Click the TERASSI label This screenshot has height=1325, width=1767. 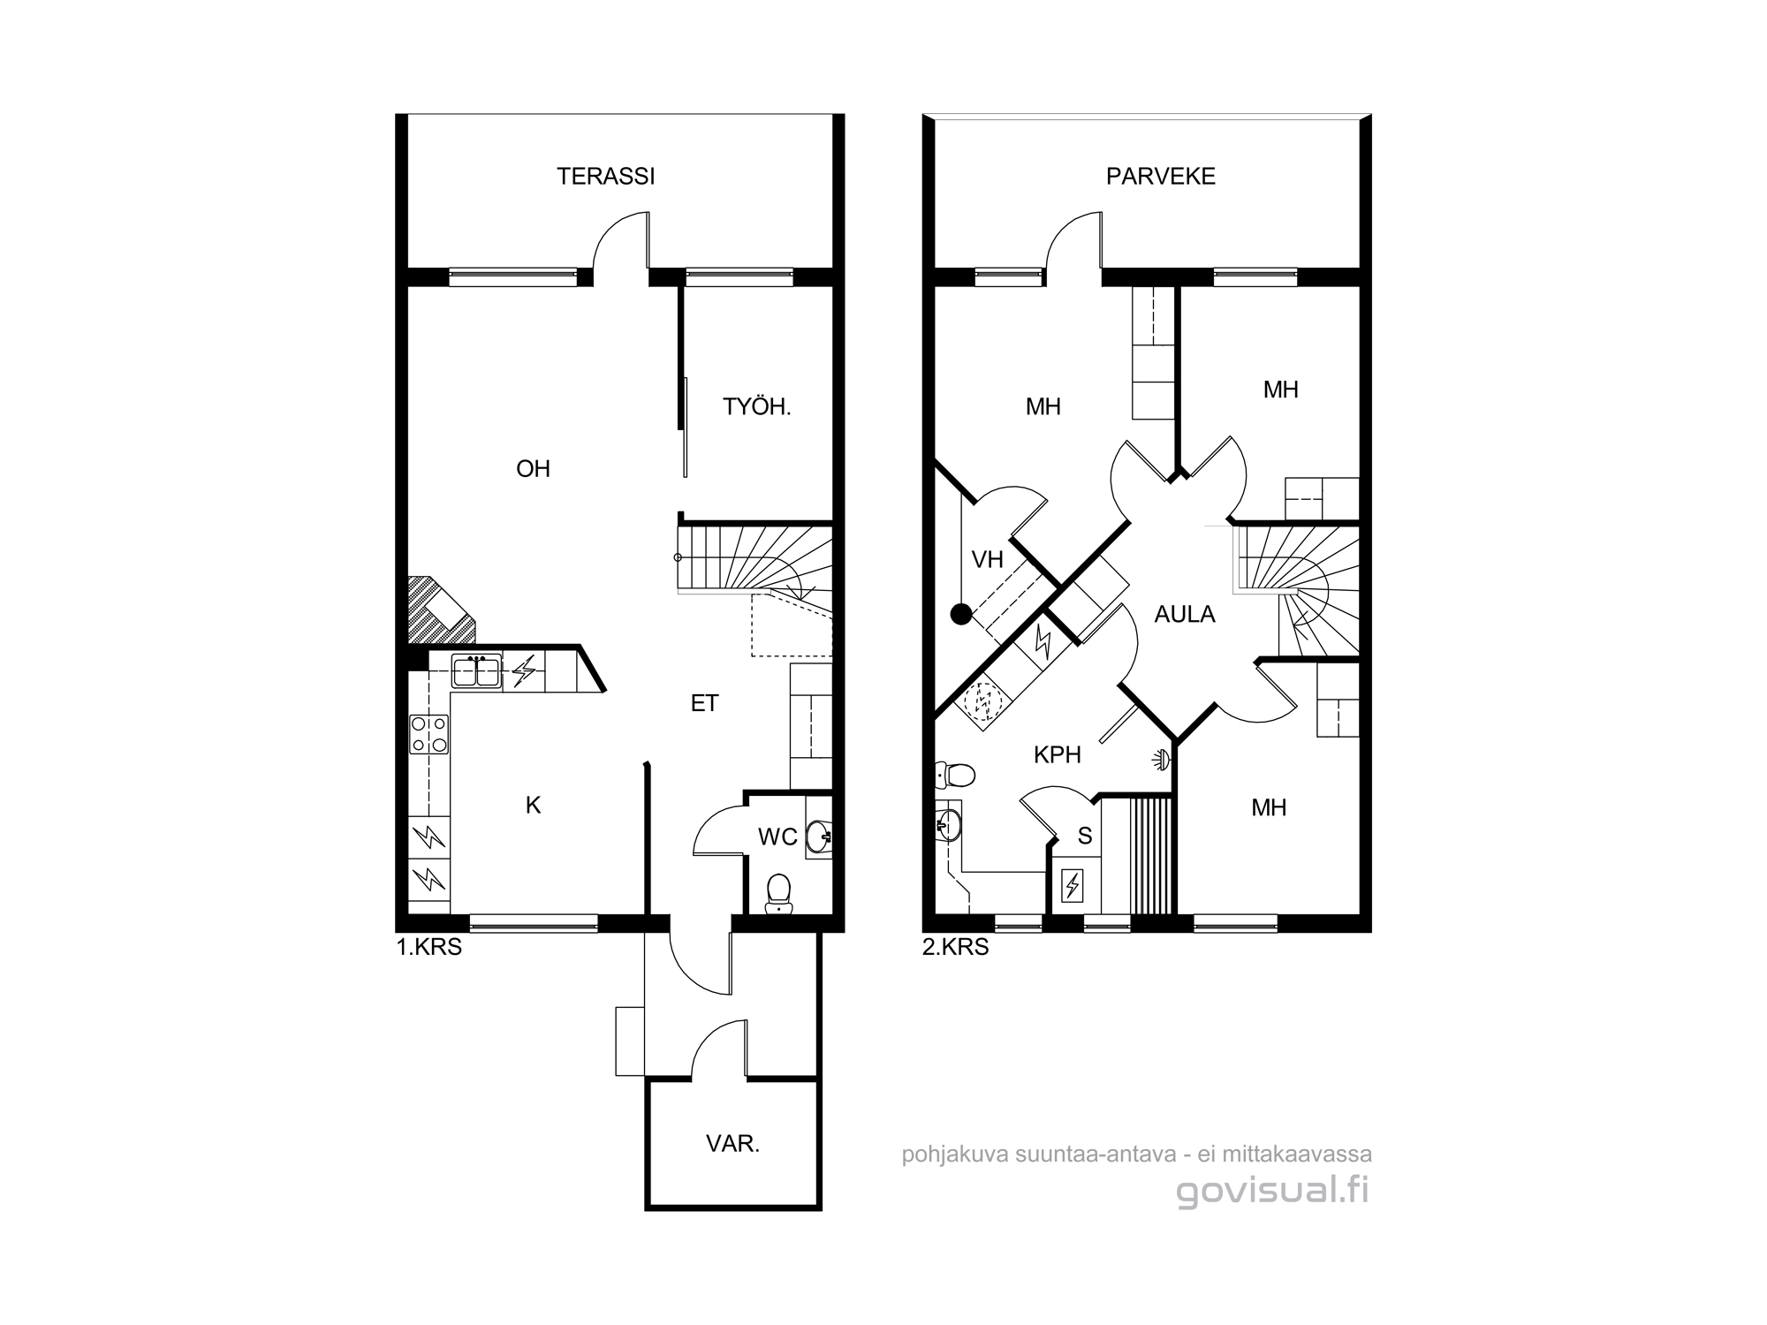pyautogui.click(x=606, y=177)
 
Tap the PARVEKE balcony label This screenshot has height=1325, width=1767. pyautogui.click(x=1161, y=177)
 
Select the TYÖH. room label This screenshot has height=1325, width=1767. pyautogui.click(x=757, y=407)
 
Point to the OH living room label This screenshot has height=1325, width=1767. pyautogui.click(x=533, y=469)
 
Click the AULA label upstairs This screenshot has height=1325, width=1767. pyautogui.click(x=1185, y=615)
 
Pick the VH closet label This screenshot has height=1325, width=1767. pyautogui.click(x=988, y=560)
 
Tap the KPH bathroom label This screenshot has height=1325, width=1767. pyautogui.click(x=1058, y=755)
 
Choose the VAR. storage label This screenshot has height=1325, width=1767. pyautogui.click(x=733, y=1144)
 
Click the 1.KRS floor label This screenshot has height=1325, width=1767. pyautogui.click(x=429, y=949)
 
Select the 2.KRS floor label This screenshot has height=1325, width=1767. pyautogui.click(x=956, y=949)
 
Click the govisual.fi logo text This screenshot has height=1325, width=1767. pyautogui.click(x=1273, y=1191)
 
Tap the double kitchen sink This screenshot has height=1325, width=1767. pyautogui.click(x=476, y=671)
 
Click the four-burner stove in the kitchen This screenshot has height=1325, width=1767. pyautogui.click(x=429, y=734)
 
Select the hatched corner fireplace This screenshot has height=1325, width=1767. pyautogui.click(x=439, y=609)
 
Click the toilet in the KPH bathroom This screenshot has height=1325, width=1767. pyautogui.click(x=955, y=776)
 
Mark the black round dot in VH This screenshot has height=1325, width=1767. pyautogui.click(x=960, y=615)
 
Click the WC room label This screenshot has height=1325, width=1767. pyautogui.click(x=777, y=837)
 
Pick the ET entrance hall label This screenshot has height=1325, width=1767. pyautogui.click(x=704, y=703)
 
